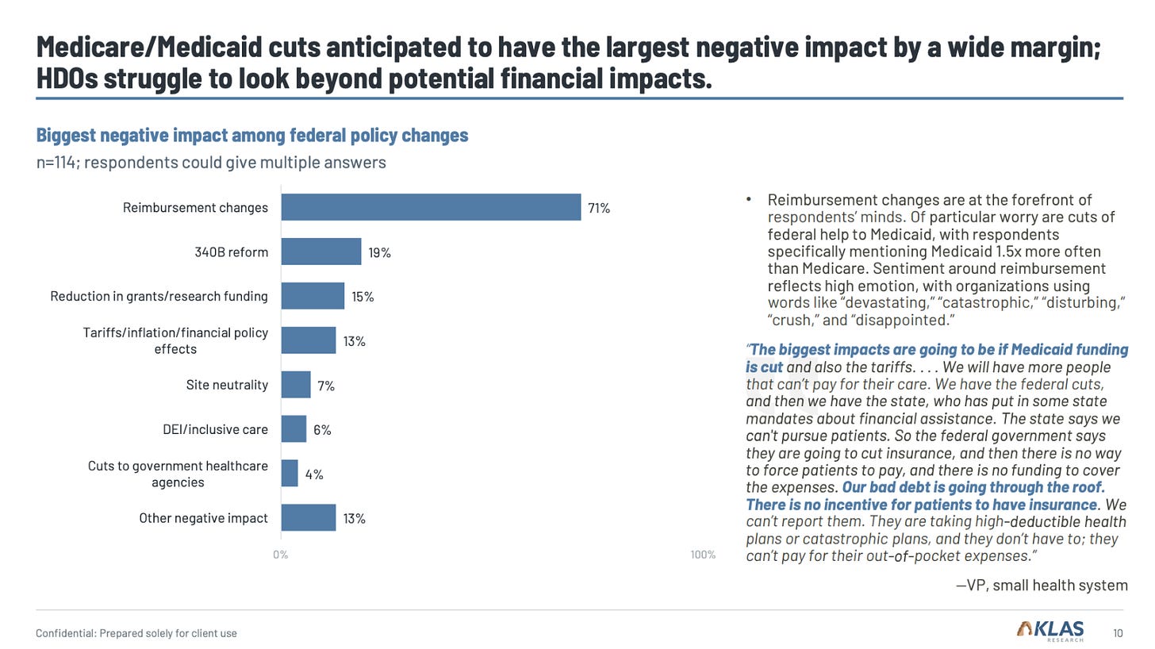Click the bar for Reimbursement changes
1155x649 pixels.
pos(431,208)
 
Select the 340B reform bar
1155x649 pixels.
pos(321,252)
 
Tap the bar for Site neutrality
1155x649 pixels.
pos(296,385)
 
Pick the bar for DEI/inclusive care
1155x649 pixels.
pos(294,429)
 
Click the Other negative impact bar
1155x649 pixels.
pos(309,518)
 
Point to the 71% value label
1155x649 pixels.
pos(599,209)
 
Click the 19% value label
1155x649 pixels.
pos(379,253)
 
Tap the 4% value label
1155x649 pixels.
pos(314,474)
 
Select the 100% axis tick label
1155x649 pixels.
pos(703,555)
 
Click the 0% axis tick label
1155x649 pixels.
pos(281,555)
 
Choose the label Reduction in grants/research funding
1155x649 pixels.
pos(159,296)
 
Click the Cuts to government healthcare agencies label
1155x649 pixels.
pos(178,474)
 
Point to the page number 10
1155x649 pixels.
pos(1118,633)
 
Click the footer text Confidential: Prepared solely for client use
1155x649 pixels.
pos(136,633)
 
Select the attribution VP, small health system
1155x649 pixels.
pos(1042,586)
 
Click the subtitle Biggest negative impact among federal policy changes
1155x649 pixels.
pos(252,136)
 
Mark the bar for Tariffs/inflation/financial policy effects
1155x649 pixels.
pos(309,340)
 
